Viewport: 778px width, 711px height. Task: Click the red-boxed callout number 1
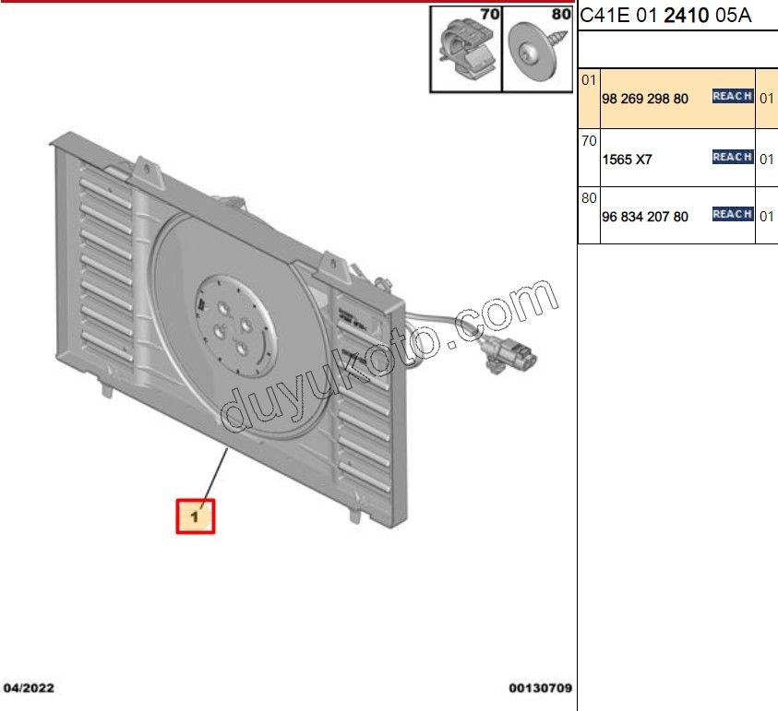(x=195, y=516)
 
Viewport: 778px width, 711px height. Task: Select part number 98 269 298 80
(x=644, y=98)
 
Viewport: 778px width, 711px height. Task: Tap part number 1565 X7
(x=627, y=160)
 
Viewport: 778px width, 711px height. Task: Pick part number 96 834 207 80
(x=644, y=217)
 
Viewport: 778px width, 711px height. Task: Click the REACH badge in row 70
(x=732, y=158)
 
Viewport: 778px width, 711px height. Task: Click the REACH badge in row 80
(x=732, y=215)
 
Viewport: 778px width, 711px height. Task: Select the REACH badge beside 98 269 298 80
(x=732, y=96)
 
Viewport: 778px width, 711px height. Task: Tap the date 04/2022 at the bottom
(x=30, y=688)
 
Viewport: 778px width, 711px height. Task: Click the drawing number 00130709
(x=540, y=688)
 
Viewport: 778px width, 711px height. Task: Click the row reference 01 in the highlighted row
(x=589, y=81)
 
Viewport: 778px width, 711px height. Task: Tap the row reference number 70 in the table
(x=589, y=141)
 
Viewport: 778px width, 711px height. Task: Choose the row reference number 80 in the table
(x=589, y=198)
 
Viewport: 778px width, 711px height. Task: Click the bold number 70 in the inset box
(x=487, y=16)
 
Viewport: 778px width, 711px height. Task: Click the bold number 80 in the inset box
(x=559, y=16)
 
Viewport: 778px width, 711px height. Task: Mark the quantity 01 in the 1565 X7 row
(x=766, y=160)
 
